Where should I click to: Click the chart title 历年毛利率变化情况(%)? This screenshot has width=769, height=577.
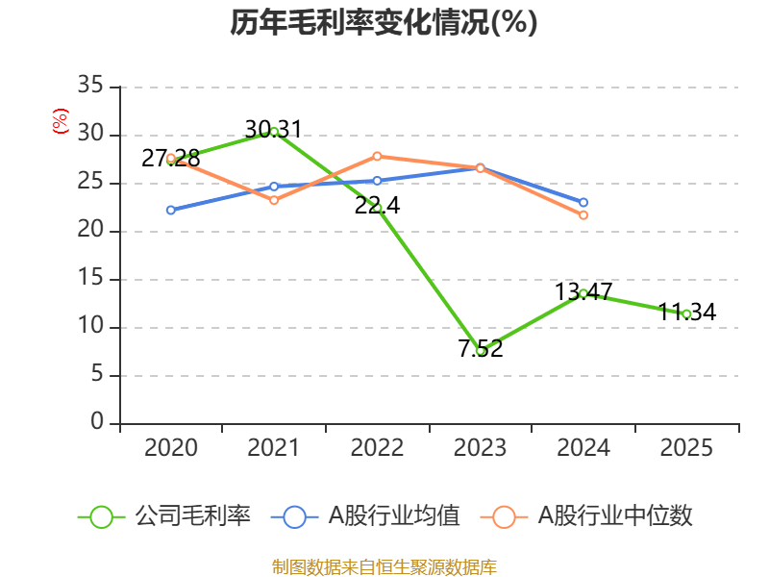(x=384, y=23)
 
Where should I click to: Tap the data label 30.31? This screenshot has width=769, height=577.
(x=273, y=129)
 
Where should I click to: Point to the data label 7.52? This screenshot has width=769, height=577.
(x=480, y=348)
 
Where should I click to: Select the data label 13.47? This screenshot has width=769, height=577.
(x=583, y=291)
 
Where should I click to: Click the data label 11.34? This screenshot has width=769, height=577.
(x=686, y=312)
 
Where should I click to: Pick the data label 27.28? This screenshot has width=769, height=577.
(x=170, y=158)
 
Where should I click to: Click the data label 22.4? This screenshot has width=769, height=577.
(x=377, y=205)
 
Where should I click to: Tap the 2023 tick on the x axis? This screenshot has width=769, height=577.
(x=480, y=447)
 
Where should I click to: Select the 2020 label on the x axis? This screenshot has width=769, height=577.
(x=170, y=447)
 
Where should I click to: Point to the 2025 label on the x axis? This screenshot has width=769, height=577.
(x=686, y=447)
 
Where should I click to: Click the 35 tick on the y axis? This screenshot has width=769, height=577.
(x=90, y=87)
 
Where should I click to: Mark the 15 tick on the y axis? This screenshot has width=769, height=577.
(x=90, y=279)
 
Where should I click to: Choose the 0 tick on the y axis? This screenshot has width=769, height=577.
(x=97, y=423)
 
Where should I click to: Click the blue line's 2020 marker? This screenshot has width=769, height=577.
(x=170, y=210)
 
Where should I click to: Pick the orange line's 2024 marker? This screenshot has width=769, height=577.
(x=583, y=214)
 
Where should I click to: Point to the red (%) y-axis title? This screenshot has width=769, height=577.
(x=61, y=120)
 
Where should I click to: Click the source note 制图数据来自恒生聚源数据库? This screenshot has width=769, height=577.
(x=384, y=566)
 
